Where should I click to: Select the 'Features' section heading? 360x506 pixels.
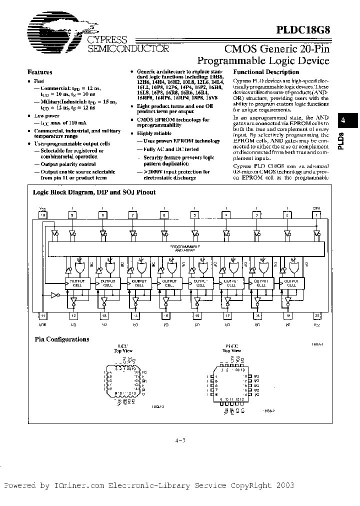(39, 72)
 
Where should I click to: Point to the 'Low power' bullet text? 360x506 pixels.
(47, 115)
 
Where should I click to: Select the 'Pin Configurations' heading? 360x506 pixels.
(62, 339)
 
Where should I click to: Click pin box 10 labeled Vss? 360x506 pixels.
(43, 215)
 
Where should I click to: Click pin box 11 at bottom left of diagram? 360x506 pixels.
(43, 316)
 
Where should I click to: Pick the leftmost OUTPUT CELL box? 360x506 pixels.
(77, 283)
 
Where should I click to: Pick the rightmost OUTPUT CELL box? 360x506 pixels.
(291, 283)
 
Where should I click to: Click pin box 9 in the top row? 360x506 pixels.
(72, 215)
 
